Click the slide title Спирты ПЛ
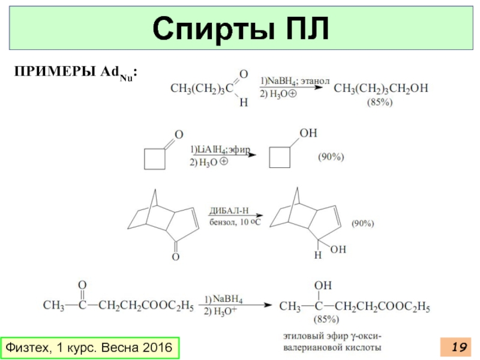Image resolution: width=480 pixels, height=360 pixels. click(240, 29)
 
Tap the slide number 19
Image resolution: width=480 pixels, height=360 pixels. click(459, 347)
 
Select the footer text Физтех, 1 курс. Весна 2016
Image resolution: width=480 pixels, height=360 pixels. click(88, 347)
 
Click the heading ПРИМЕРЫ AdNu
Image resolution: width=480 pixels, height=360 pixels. click(77, 72)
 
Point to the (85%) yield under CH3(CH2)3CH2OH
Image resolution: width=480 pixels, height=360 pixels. click(380, 103)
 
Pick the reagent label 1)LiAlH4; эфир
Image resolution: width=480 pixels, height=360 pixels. click(220, 149)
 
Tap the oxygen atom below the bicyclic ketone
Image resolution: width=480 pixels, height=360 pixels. click(176, 257)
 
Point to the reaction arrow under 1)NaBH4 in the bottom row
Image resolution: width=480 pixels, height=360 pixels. click(240, 305)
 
